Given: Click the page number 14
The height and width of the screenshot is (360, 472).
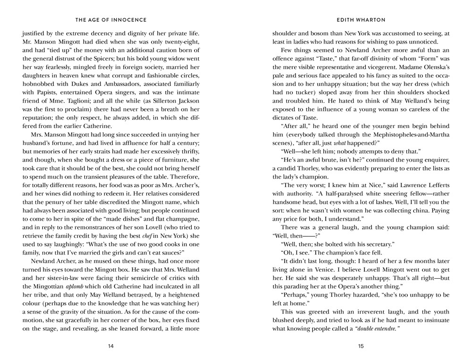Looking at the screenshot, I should coord(110,346).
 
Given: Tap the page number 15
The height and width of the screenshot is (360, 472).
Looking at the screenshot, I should coord(361,346).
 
